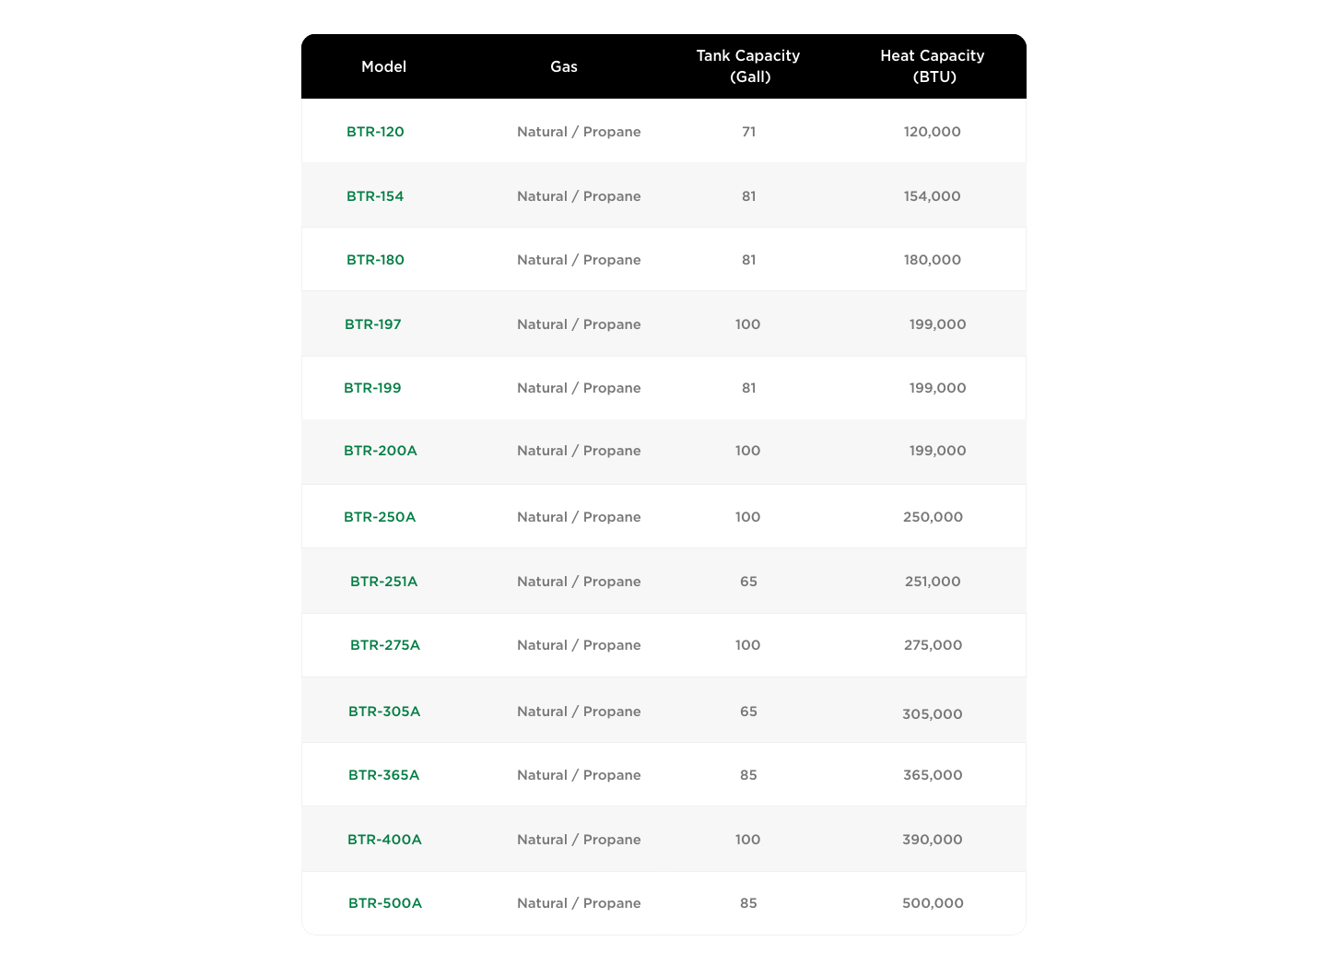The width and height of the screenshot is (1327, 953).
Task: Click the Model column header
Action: pyautogui.click(x=383, y=66)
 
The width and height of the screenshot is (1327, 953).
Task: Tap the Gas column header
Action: pyautogui.click(x=564, y=66)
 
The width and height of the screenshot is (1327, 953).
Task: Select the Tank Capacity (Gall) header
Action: pyautogui.click(x=748, y=66)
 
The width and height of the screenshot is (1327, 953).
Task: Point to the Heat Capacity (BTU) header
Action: pyautogui.click(x=933, y=66)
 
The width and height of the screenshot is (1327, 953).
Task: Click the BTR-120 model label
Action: pyautogui.click(x=375, y=132)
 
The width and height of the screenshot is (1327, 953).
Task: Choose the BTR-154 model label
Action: pyautogui.click(x=375, y=196)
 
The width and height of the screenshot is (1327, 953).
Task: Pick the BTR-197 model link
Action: pyautogui.click(x=373, y=324)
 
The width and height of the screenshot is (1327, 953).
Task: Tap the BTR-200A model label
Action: pyautogui.click(x=381, y=451)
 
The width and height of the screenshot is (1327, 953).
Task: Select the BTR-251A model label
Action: pyautogui.click(x=383, y=582)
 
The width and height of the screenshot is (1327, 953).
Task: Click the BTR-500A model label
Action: pyautogui.click(x=385, y=903)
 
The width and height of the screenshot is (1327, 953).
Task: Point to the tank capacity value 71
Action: pyautogui.click(x=748, y=132)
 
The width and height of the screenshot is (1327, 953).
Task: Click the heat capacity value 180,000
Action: pyautogui.click(x=933, y=260)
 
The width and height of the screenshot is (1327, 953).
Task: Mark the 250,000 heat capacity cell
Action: pyautogui.click(x=933, y=517)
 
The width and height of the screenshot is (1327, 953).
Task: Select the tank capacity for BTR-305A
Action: pyautogui.click(x=748, y=712)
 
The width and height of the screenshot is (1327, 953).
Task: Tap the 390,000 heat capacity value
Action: pyautogui.click(x=933, y=840)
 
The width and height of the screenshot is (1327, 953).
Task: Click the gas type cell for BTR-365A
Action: pyautogui.click(x=579, y=775)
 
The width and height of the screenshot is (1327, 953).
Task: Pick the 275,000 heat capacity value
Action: pyautogui.click(x=933, y=645)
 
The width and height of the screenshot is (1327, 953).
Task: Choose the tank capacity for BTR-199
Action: pyautogui.click(x=748, y=388)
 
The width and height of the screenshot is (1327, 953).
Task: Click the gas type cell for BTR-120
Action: pyautogui.click(x=579, y=132)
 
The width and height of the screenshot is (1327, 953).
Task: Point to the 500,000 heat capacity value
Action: pyautogui.click(x=933, y=903)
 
